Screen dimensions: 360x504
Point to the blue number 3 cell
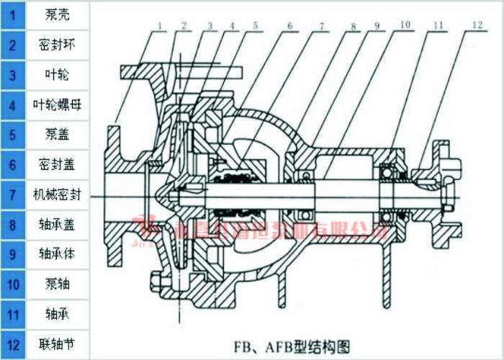pyautogui.click(x=12, y=74)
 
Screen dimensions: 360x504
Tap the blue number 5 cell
pyautogui.click(x=12, y=134)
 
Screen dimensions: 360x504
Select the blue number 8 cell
pyautogui.click(x=12, y=224)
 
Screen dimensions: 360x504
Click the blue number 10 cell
pyautogui.click(x=12, y=284)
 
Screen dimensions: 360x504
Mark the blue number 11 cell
pyautogui.click(x=12, y=315)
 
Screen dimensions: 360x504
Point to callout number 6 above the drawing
pyautogui.click(x=289, y=25)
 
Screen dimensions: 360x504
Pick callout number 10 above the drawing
pyautogui.click(x=406, y=24)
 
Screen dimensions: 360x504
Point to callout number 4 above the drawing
pyautogui.click(x=232, y=25)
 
